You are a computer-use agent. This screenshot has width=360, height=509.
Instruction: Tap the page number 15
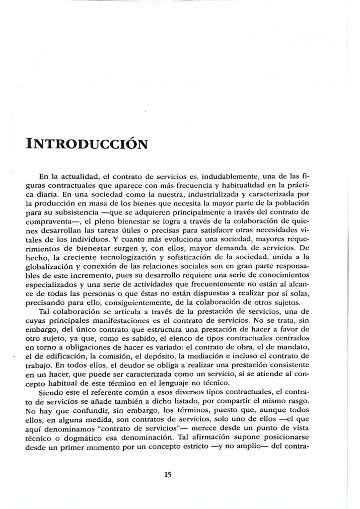pyautogui.click(x=168, y=474)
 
